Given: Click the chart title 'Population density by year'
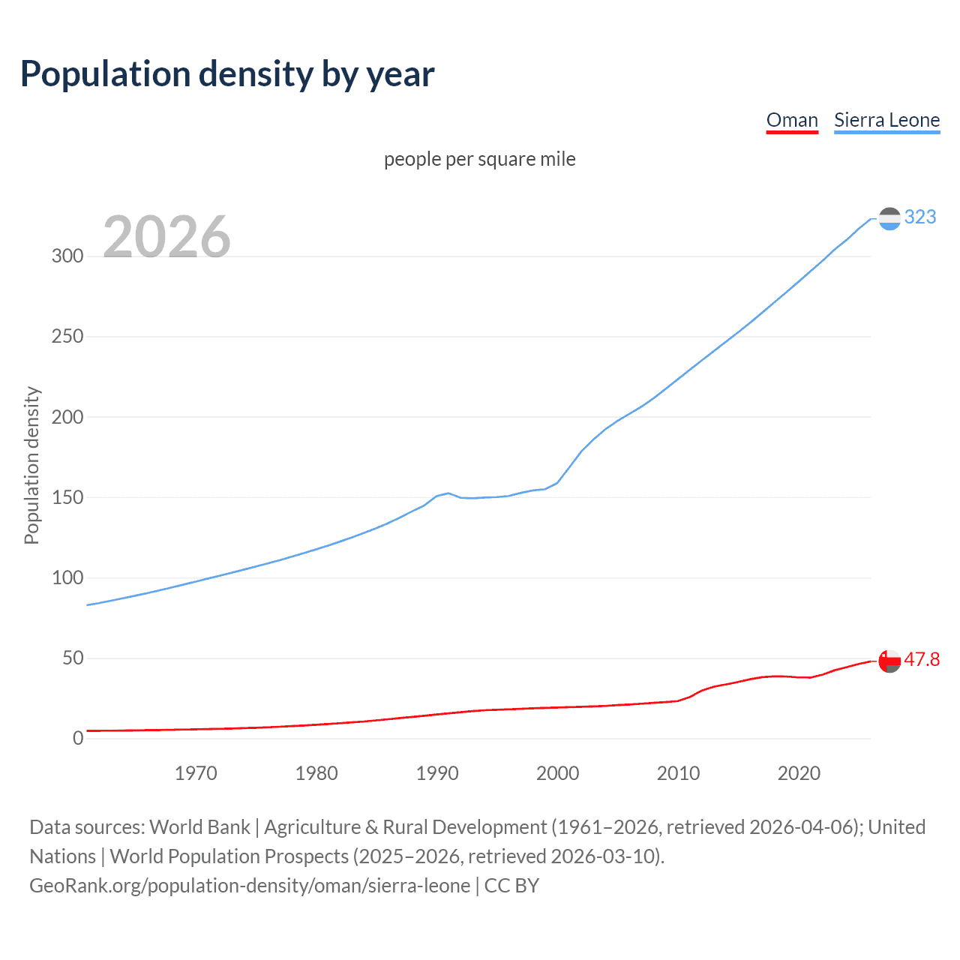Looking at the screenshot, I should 227,74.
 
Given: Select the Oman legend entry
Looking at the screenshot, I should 792,120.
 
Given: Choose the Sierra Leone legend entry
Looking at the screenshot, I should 886,120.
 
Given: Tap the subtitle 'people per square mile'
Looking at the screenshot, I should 480,159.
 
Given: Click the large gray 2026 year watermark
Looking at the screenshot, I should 166,237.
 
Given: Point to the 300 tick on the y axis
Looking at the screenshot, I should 67,256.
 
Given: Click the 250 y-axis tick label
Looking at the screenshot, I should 67,336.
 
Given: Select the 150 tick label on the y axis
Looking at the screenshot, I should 67,497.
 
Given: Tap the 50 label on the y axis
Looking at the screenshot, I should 73,658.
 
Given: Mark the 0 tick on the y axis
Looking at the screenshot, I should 78,739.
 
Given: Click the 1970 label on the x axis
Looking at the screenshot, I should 196,773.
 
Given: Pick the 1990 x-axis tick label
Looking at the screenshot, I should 437,773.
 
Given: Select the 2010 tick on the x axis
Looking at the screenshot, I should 678,773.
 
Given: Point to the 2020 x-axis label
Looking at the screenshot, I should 799,773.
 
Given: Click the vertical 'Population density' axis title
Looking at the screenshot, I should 31,465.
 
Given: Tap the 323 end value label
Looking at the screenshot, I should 920,217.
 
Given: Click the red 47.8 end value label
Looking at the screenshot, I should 922,659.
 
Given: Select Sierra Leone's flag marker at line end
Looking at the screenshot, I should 889,219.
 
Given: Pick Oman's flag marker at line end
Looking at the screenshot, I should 889,661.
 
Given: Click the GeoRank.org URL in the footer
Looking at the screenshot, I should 250,886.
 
